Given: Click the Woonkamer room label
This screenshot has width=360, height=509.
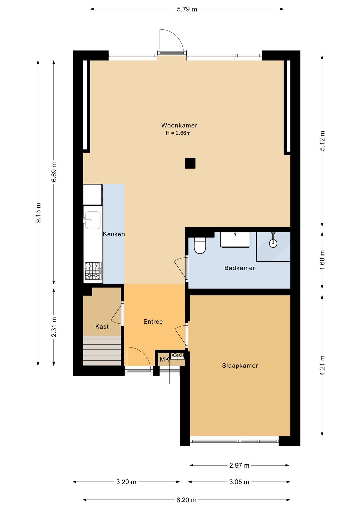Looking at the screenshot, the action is (x=179, y=125).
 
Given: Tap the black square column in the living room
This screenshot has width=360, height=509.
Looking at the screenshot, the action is (x=190, y=163).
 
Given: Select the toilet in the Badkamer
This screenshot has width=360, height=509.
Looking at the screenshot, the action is (x=200, y=245).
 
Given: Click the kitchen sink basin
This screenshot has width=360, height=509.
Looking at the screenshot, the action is (x=93, y=220).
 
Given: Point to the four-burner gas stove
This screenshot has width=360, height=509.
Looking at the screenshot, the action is (x=93, y=271).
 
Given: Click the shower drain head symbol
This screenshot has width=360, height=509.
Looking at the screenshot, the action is (x=273, y=243).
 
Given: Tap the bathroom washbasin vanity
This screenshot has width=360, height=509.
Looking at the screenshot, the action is (x=235, y=240).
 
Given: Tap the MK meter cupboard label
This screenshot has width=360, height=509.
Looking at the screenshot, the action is (x=164, y=359).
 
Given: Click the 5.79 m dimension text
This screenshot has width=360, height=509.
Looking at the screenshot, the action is (x=187, y=9).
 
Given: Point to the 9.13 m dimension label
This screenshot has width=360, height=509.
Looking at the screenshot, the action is (x=39, y=213).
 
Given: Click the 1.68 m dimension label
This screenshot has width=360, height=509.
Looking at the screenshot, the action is (x=322, y=260).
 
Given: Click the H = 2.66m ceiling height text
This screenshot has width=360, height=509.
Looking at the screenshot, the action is (x=178, y=133).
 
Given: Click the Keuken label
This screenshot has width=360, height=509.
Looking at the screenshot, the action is (x=114, y=234).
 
